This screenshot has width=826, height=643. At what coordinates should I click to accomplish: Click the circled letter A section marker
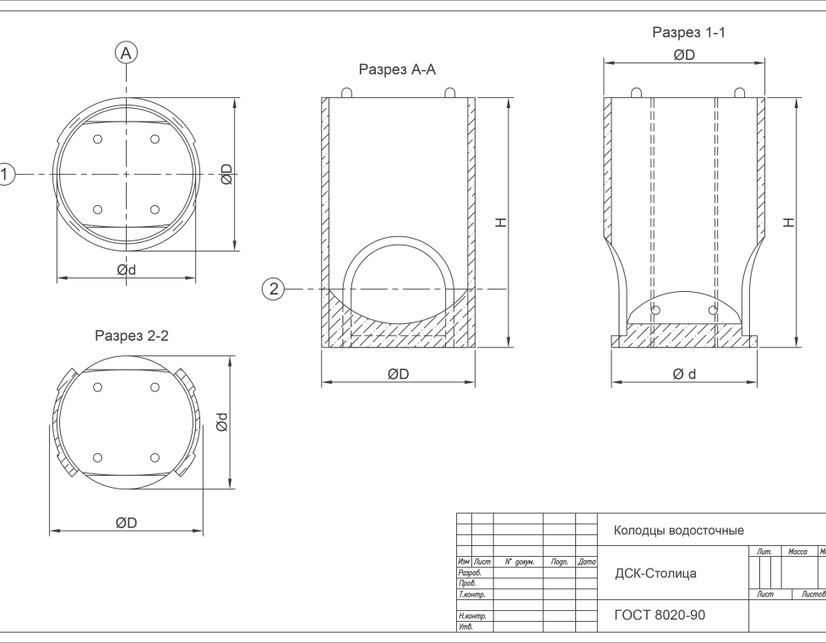coord(126,53)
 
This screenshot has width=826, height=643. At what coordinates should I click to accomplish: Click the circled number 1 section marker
coord(7,174)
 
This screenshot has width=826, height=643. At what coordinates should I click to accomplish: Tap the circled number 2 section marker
coord(273,289)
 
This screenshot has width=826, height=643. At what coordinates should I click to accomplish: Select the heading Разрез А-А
coord(397,70)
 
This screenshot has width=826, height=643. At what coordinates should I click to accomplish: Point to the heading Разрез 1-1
coord(688,33)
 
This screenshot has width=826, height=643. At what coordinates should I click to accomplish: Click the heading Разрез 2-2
coord(132,336)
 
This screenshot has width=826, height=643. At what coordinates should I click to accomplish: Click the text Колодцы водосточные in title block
coord(678,531)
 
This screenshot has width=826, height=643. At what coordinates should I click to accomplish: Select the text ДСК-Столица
coord(655,574)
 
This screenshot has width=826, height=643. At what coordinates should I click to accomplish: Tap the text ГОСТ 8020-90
coord(660,615)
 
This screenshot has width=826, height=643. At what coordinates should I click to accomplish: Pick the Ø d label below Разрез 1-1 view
coord(684,374)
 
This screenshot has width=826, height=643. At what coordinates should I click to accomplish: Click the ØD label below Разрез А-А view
coord(399,374)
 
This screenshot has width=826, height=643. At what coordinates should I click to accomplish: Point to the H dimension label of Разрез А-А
coord(501,223)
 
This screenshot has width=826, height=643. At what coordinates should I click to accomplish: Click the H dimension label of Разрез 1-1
coord(788,223)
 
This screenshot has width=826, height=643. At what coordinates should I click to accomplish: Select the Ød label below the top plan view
coord(127,270)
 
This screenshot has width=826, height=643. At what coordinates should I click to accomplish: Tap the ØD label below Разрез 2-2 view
coord(127,523)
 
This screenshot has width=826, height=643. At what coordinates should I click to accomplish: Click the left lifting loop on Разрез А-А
coord(346,92)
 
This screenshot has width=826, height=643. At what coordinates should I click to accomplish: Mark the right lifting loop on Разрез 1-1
coord(741,91)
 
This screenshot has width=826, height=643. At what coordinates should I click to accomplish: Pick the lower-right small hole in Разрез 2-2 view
coord(155,457)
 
